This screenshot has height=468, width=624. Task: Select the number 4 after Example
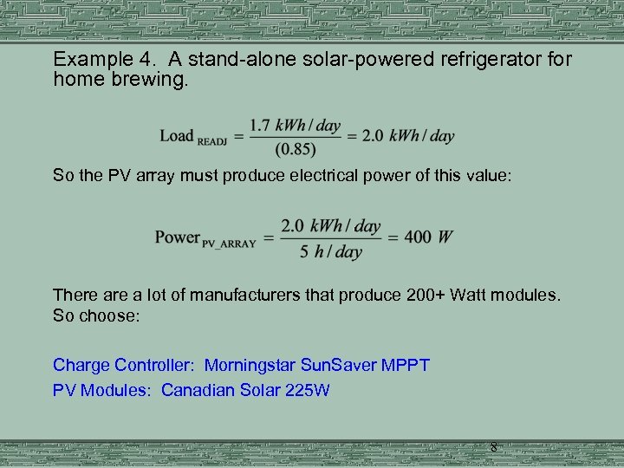tap(135, 60)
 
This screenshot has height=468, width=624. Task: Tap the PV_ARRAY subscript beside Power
tap(229, 244)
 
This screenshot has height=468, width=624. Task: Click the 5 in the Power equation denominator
tap(305, 252)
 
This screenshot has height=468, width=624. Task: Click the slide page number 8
tap(493, 447)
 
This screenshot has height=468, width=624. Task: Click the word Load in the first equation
tap(177, 135)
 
